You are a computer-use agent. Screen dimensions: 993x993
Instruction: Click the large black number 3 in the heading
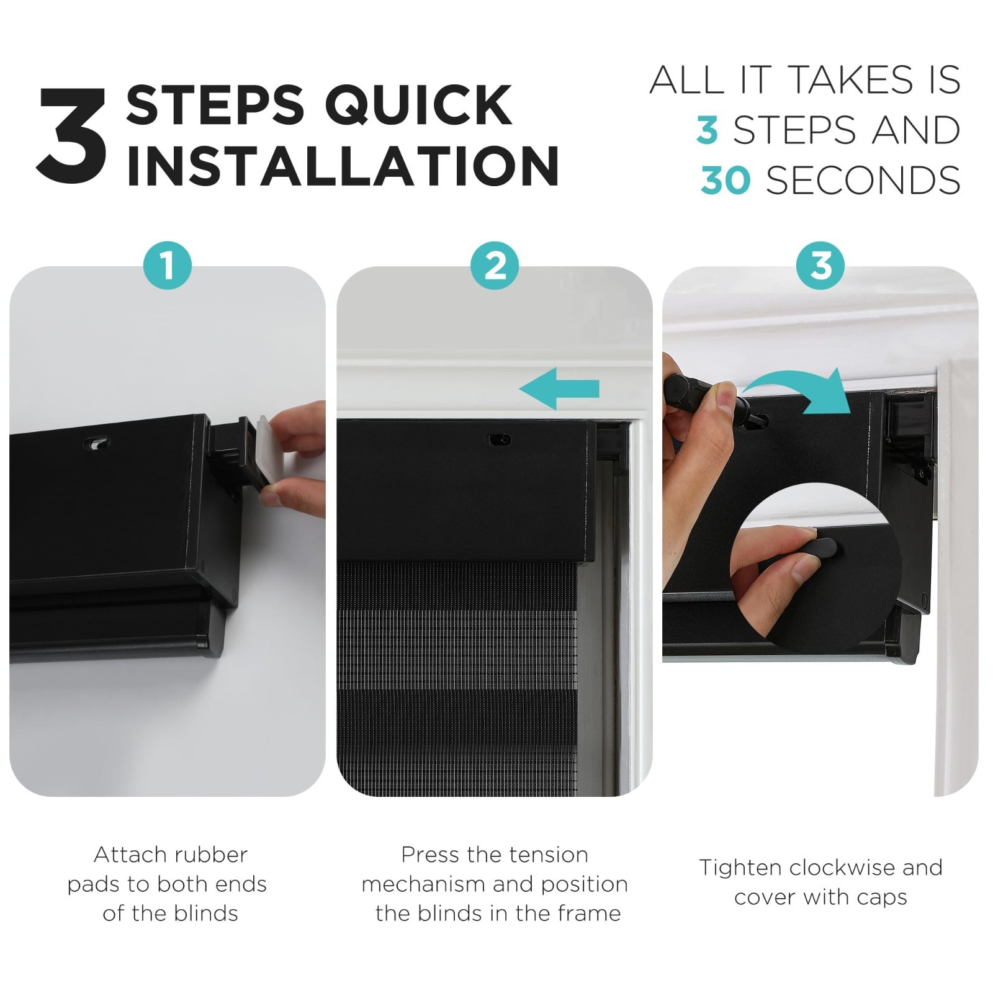[71, 135]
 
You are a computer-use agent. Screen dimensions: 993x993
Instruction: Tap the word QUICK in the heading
[419, 106]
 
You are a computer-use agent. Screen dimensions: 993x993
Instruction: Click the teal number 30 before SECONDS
[726, 181]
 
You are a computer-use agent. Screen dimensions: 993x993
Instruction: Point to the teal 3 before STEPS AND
[707, 130]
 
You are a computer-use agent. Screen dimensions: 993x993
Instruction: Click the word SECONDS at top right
[863, 181]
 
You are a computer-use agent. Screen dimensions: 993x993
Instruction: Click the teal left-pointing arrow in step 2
[559, 389]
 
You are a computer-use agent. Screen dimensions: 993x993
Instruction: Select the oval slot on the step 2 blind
[499, 439]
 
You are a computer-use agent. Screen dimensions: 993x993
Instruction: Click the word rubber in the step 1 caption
[211, 855]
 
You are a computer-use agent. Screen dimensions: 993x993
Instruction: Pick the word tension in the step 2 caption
[548, 855]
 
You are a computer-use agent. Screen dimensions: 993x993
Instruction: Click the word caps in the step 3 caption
[881, 898]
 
